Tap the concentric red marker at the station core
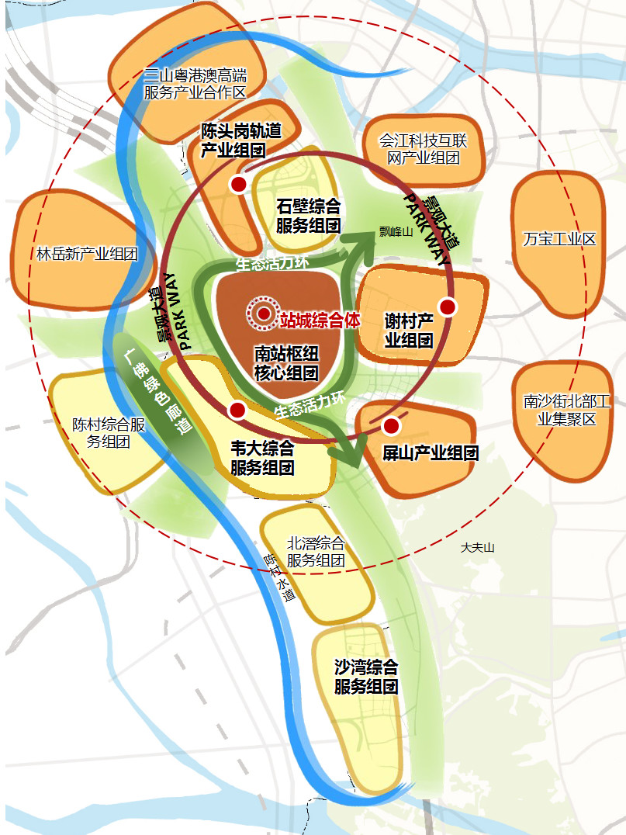click(x=263, y=314)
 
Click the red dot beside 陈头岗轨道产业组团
click(x=238, y=185)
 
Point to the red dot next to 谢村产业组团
click(x=446, y=307)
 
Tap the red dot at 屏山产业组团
click(x=390, y=425)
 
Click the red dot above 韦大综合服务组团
click(x=237, y=410)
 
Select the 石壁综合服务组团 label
click(x=309, y=217)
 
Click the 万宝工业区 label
click(x=559, y=238)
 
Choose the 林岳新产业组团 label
click(x=87, y=254)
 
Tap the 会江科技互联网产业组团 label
click(x=423, y=150)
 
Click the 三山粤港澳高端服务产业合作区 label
click(x=195, y=84)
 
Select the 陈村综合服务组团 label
click(x=109, y=433)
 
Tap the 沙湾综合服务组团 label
click(x=366, y=677)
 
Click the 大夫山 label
click(x=477, y=547)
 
